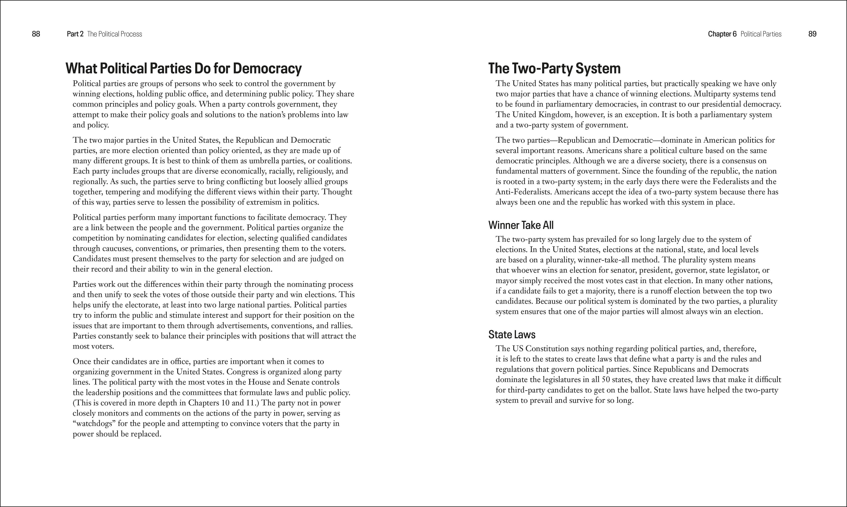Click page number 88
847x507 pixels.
tap(36, 34)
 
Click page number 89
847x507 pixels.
tap(812, 34)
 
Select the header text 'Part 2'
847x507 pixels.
tap(75, 34)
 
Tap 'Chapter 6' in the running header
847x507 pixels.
tap(722, 34)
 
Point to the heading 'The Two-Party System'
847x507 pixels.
tap(554, 68)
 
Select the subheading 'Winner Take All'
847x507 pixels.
tap(521, 225)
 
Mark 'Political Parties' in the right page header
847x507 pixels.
tap(761, 34)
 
